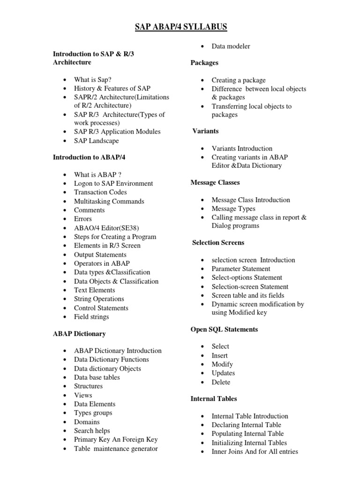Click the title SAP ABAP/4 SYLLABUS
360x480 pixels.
[180, 28]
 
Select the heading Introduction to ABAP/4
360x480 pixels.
[89, 157]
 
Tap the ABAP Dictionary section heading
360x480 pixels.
[79, 334]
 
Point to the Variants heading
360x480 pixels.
[206, 131]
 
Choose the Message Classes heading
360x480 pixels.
[215, 182]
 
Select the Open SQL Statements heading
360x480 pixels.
[224, 330]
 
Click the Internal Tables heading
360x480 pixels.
[214, 398]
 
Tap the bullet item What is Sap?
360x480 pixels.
[93, 79]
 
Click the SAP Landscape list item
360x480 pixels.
[97, 141]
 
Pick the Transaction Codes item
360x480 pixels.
[100, 192]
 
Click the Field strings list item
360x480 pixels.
[91, 317]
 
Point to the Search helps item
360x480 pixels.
[92, 431]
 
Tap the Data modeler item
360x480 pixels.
[231, 46]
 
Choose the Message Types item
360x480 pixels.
[233, 209]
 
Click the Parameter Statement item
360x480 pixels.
[241, 269]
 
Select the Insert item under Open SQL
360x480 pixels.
[220, 355]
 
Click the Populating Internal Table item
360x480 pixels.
[247, 434]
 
